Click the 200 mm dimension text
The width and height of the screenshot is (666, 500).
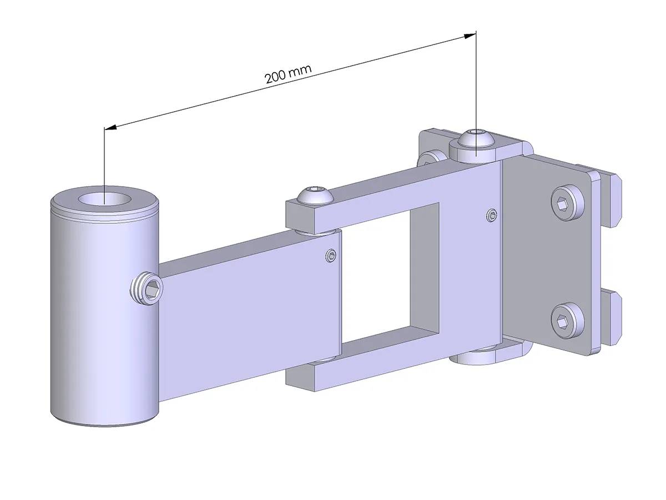288,74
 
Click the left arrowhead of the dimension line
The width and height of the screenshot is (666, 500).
110,128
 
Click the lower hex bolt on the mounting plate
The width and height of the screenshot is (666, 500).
564,320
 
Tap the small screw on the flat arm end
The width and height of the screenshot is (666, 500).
331,256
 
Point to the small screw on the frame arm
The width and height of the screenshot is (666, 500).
491,214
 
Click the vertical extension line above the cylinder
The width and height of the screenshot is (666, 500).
104,161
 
